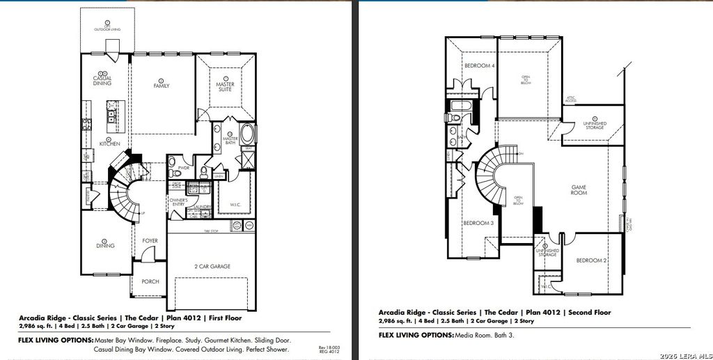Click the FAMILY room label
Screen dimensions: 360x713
(x=162, y=86)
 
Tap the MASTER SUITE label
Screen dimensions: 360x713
(x=225, y=86)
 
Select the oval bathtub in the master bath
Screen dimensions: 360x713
(x=247, y=134)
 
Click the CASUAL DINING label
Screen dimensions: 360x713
(x=102, y=80)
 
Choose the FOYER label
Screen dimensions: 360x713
(x=150, y=241)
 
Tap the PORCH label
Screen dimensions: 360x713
(x=150, y=281)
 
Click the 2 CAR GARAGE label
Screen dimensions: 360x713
(x=212, y=266)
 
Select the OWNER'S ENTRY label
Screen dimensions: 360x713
(x=178, y=203)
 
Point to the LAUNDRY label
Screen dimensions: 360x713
(x=203, y=207)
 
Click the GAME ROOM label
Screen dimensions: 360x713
(x=579, y=189)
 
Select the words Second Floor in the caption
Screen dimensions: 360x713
(x=590, y=313)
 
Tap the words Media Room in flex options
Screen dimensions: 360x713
(x=472, y=335)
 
